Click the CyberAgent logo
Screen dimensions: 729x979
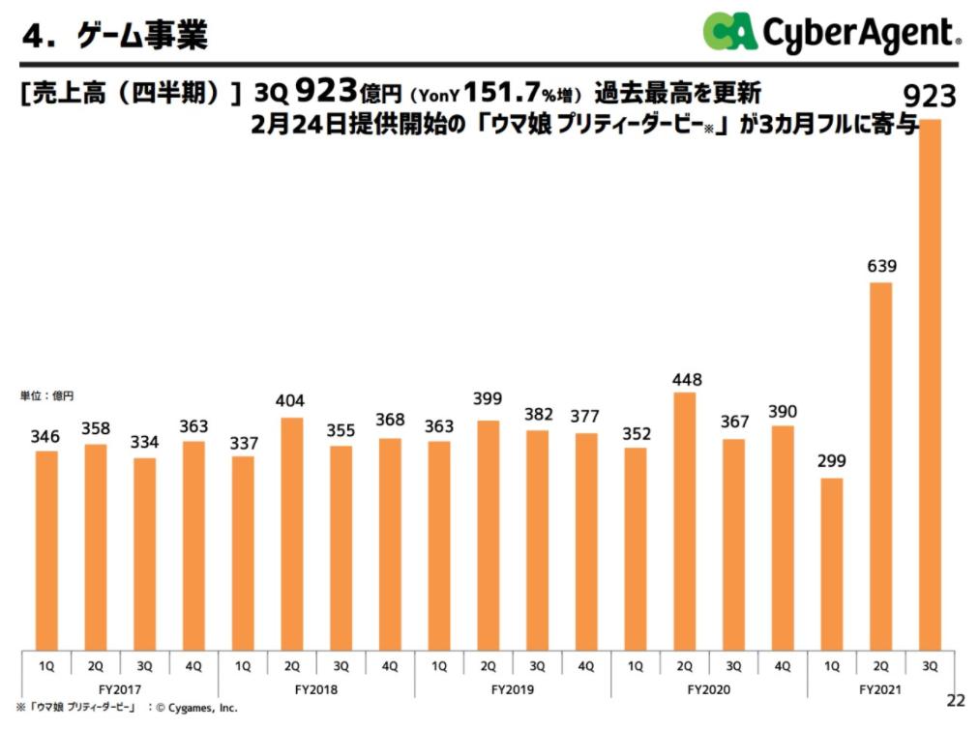[831, 32]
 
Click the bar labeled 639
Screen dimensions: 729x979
[879, 464]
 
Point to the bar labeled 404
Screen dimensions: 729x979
[291, 533]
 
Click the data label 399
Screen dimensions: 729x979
[488, 398]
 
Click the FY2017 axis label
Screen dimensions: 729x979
[120, 689]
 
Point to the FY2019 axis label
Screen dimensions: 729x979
[512, 689]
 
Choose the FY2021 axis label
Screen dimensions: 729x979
[879, 689]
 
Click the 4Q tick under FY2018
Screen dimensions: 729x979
[389, 666]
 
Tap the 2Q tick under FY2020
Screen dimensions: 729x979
[683, 666]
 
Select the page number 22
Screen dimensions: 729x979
[956, 700]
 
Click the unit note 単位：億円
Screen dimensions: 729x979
[46, 395]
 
